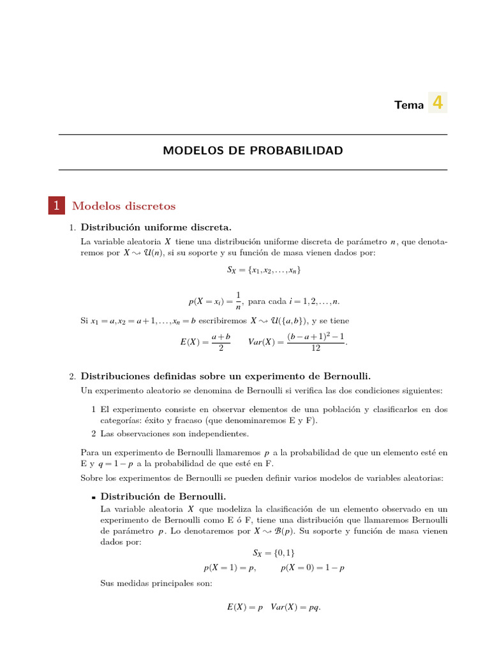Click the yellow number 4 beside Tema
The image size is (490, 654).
coord(438,103)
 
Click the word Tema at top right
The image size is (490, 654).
coord(409,105)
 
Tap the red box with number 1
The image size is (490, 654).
coord(56,206)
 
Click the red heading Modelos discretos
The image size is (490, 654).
coord(124,206)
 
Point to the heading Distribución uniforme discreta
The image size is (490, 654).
coord(156,228)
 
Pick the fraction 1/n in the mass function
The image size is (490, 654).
coord(238,301)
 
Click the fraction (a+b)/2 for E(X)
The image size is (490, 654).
coord(220,342)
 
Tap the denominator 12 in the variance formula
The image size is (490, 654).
coord(316,349)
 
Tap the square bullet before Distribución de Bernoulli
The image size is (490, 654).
coord(93,497)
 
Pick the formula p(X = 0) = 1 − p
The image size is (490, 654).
coord(313,568)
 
